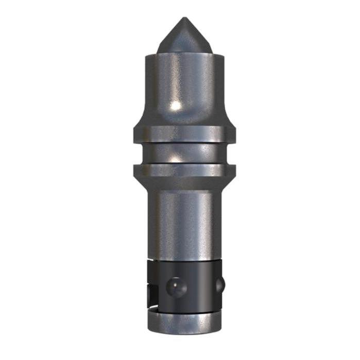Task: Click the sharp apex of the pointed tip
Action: coord(184,19)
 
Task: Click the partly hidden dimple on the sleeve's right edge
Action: coord(220,283)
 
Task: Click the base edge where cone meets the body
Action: coord(184,52)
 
